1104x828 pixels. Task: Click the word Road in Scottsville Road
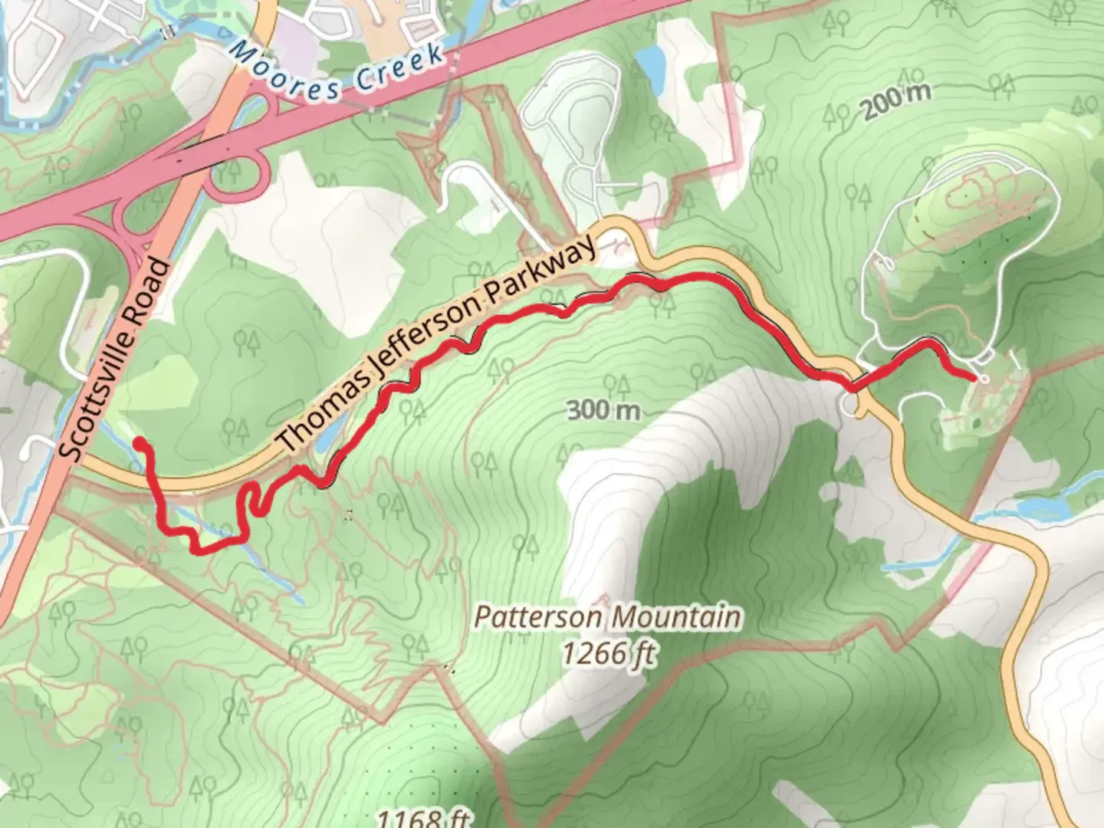149,290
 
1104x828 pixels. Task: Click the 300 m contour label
603,410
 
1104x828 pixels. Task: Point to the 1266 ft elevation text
609,653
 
